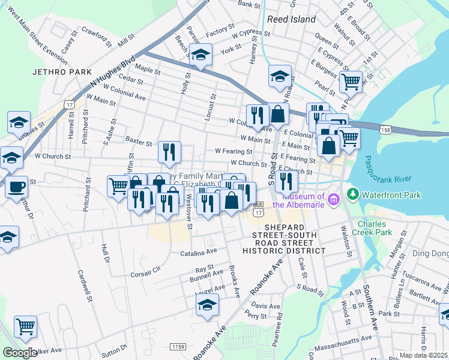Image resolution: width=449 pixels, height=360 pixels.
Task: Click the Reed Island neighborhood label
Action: (x=291, y=19)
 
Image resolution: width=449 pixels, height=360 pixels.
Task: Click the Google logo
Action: (x=20, y=353)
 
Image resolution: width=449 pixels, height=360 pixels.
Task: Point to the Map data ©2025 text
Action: (x=423, y=355)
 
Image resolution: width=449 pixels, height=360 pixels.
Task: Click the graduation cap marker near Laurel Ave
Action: (x=208, y=306)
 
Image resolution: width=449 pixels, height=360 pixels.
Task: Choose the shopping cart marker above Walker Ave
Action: (x=26, y=327)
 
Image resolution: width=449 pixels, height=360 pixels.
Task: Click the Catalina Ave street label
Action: (x=199, y=254)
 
